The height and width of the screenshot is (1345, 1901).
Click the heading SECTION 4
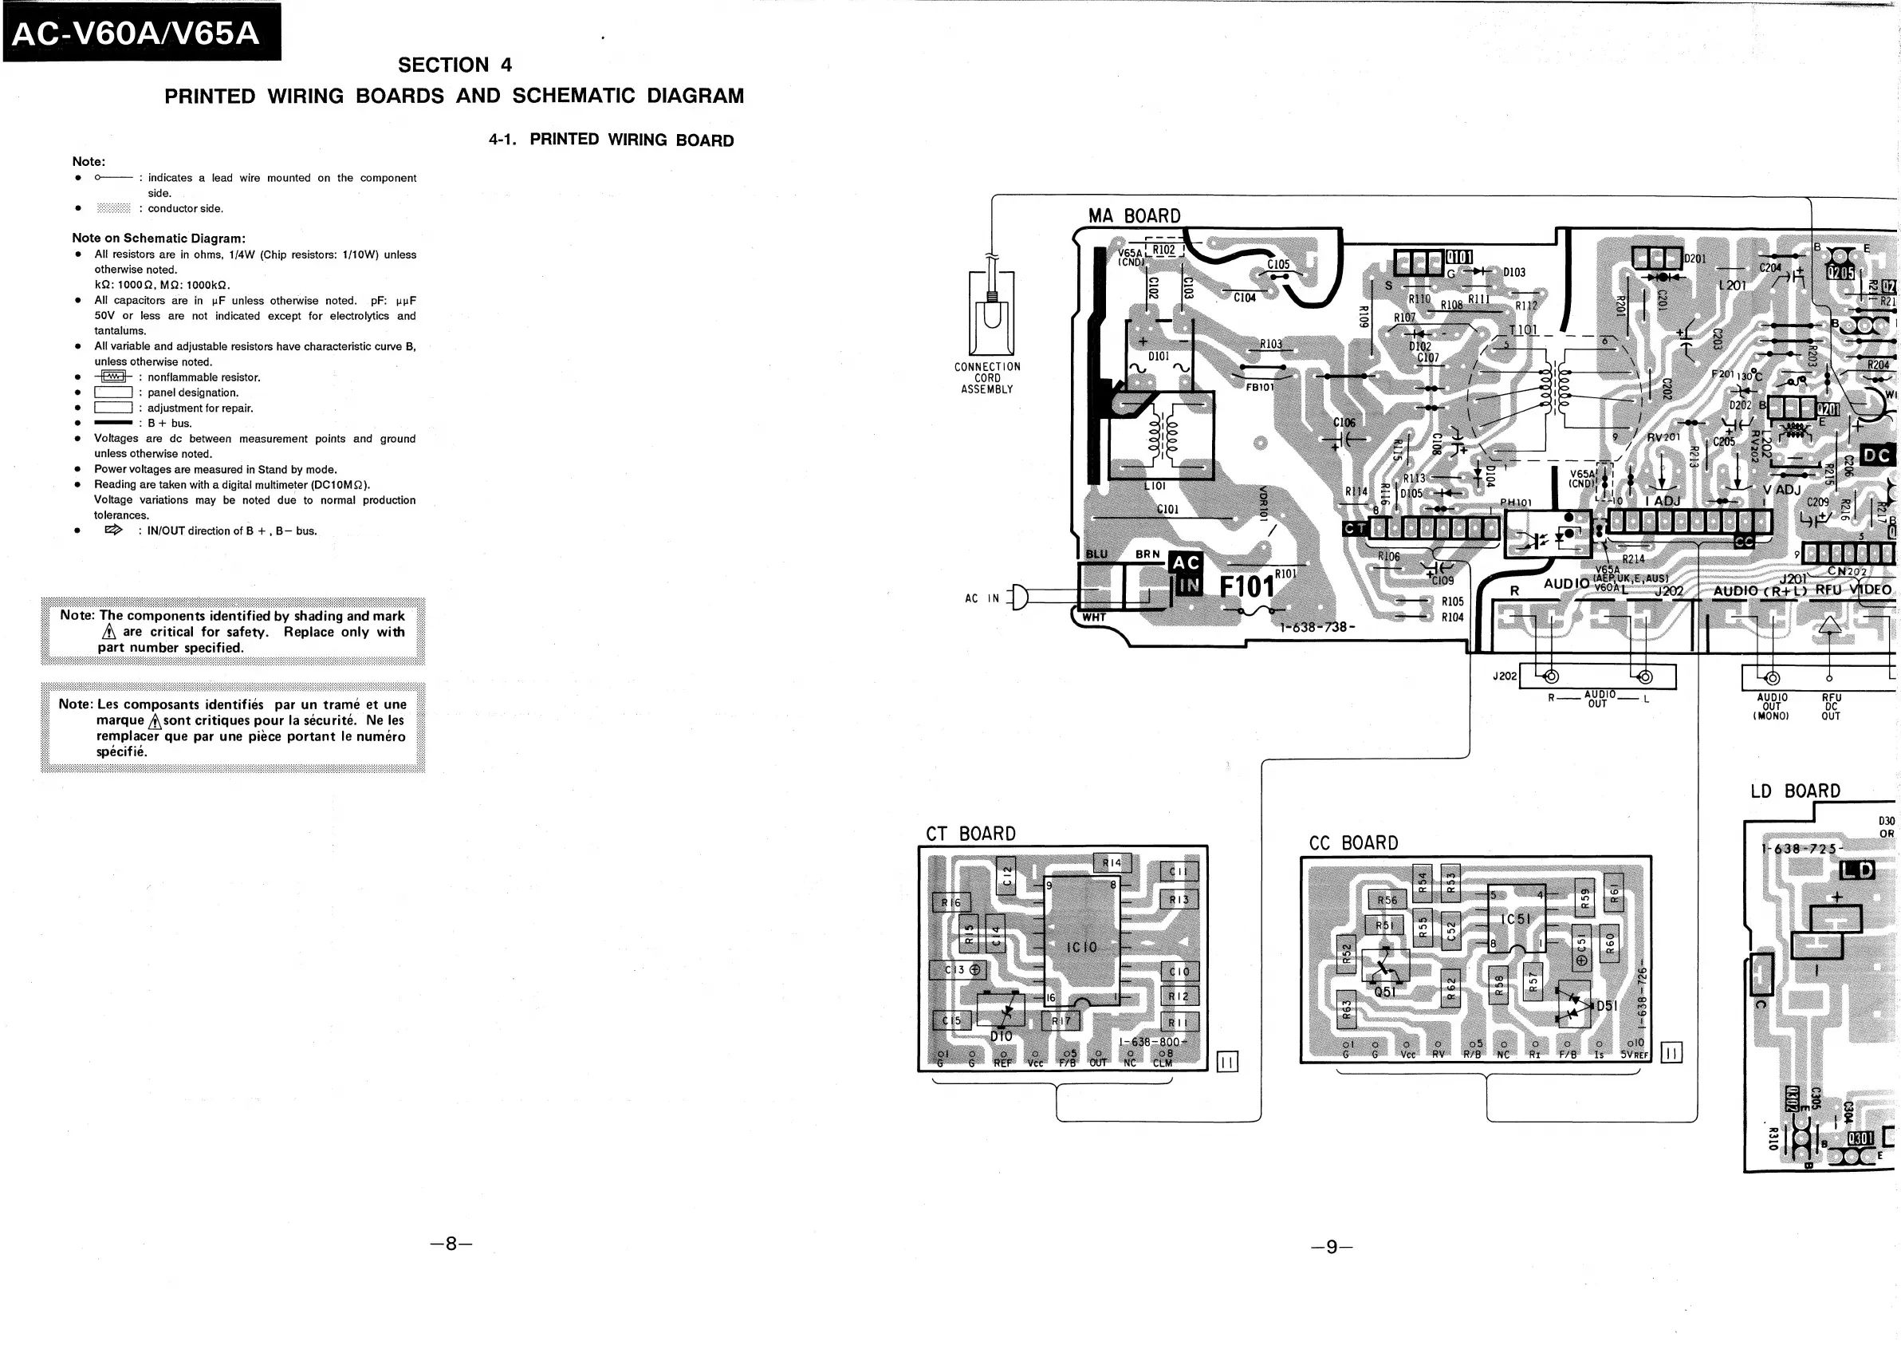coord(455,65)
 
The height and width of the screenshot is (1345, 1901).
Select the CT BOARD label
coord(970,833)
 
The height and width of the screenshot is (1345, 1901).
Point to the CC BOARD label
coord(1353,843)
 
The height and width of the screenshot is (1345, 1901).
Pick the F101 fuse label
coord(1246,586)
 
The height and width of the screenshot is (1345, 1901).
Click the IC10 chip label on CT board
coord(1081,947)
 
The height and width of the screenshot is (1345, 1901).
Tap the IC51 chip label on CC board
coord(1515,919)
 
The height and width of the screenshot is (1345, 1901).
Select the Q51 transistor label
coord(1384,992)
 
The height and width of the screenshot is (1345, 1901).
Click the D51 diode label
coord(1606,1005)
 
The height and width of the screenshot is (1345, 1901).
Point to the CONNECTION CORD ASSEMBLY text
coord(987,377)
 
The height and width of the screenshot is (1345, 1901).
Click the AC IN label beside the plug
coord(982,598)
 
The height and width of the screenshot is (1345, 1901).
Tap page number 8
coord(451,1243)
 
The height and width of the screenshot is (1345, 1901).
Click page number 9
coord(1332,1246)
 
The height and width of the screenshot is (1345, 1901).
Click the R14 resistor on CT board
coord(1111,863)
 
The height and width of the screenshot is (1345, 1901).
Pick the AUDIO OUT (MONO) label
coord(1771,707)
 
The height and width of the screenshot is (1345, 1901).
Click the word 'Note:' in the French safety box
coord(74,704)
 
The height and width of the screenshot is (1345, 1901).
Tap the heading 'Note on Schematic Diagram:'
coord(158,239)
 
